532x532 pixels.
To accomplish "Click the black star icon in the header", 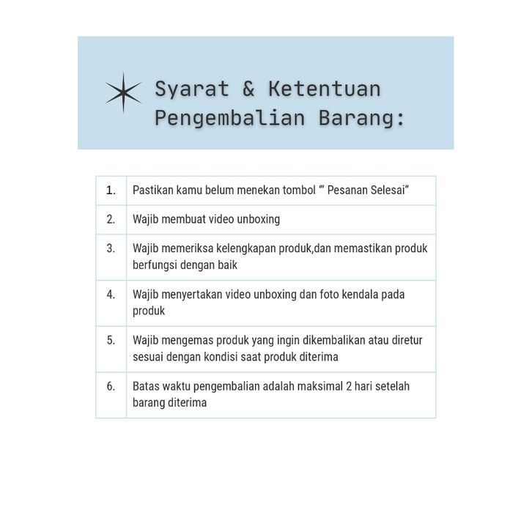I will (x=123, y=93).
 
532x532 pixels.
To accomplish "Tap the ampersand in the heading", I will (x=248, y=89).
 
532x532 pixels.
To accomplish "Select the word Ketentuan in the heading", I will (x=324, y=89).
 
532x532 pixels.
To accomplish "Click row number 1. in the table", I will (x=111, y=191).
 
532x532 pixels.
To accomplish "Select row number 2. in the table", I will (x=111, y=219).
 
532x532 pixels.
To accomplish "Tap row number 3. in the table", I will (x=111, y=248).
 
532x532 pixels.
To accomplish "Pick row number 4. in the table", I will (x=111, y=295).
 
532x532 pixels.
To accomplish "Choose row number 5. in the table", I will (x=111, y=340).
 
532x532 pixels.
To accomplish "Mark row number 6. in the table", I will (x=111, y=386).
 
